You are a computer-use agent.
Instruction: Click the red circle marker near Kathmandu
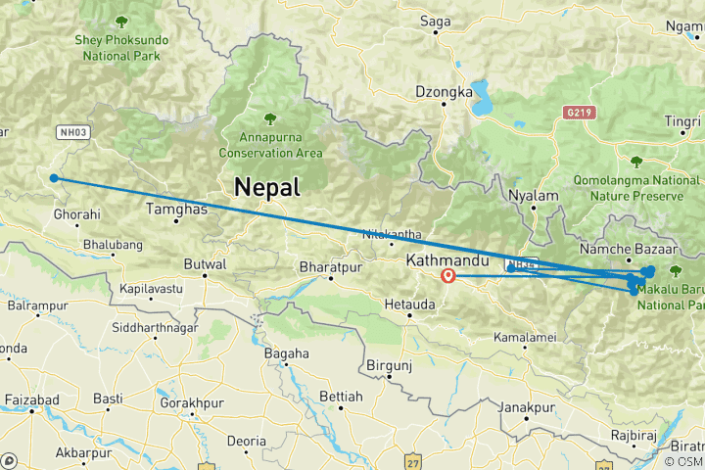click(x=448, y=275)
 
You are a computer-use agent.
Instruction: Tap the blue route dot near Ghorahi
click(x=55, y=178)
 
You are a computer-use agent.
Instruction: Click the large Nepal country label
click(x=266, y=187)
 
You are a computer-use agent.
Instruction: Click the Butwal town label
click(x=206, y=264)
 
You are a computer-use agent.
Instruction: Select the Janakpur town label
click(x=528, y=406)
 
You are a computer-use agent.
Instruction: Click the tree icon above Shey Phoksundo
click(x=120, y=22)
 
